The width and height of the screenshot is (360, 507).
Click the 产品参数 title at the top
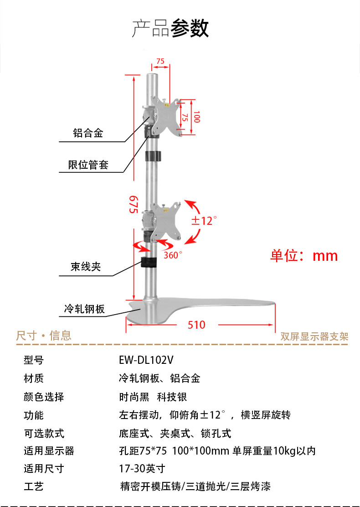(170, 28)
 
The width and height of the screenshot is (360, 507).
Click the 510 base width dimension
(196, 325)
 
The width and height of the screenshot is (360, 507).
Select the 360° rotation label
(173, 255)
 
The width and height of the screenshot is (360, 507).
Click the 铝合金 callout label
(88, 133)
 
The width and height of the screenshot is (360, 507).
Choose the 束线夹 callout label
(86, 267)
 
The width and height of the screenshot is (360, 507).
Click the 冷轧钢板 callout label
(84, 310)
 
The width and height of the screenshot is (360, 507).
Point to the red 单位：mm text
(304, 255)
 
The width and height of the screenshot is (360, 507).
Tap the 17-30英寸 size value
(142, 469)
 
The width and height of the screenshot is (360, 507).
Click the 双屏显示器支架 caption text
(314, 337)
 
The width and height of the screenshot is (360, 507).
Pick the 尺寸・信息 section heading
(44, 336)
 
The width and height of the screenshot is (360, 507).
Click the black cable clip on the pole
(149, 263)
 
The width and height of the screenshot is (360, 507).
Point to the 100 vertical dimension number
(196, 117)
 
